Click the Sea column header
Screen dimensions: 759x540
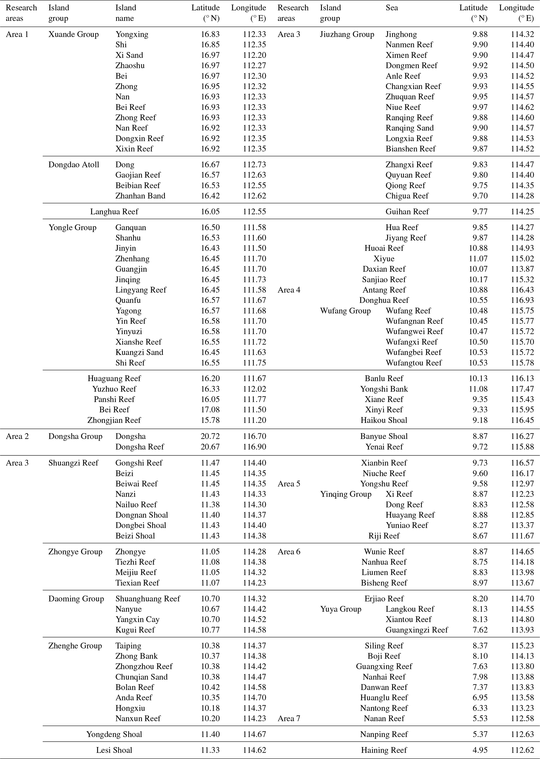tap(391, 8)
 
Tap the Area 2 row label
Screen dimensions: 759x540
tap(17, 436)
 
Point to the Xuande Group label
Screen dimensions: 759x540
tap(73, 34)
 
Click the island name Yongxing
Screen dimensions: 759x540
tap(132, 34)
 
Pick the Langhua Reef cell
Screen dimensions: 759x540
tap(114, 212)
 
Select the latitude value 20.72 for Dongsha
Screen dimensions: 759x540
tap(210, 436)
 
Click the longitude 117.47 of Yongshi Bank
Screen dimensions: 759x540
tap(522, 389)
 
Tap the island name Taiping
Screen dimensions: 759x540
tap(128, 646)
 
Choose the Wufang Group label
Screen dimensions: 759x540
tap(345, 311)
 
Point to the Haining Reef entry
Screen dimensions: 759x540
tap(384, 750)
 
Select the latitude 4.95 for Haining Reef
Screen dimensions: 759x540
tap(480, 750)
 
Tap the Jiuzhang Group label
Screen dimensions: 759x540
tap(347, 34)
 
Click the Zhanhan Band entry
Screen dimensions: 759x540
tap(140, 196)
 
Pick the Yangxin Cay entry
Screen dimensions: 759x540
tap(137, 619)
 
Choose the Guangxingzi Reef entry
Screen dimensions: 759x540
tap(417, 630)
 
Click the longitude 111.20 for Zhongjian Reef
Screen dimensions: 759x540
tap(254, 420)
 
